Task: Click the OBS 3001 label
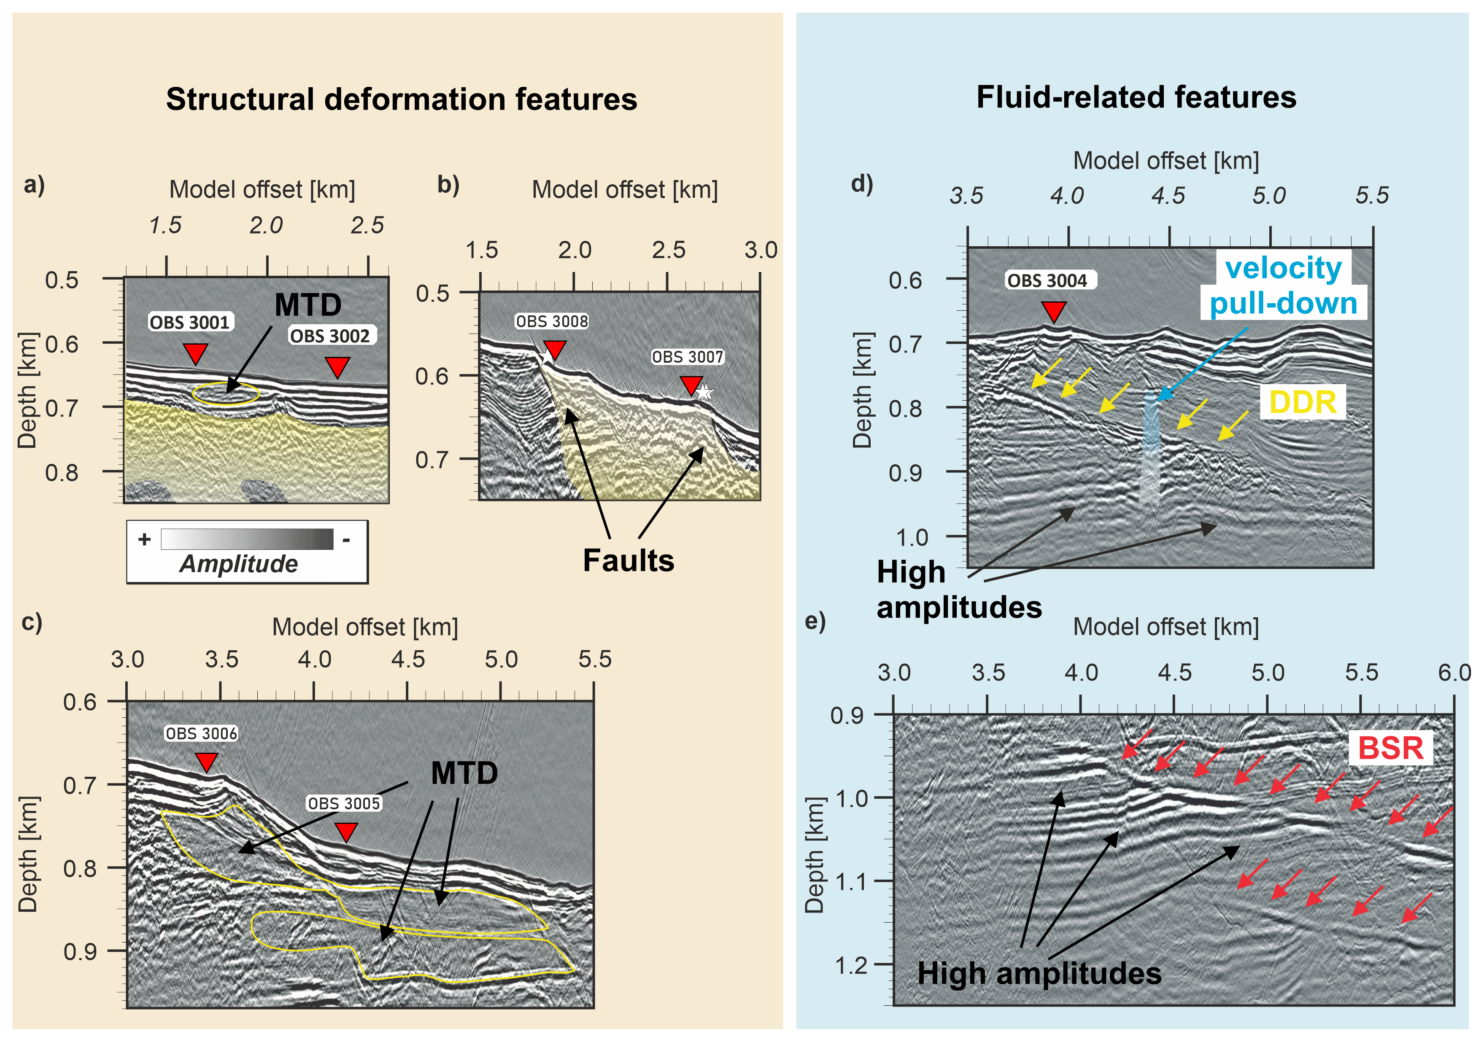tap(190, 322)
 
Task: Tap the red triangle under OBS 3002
tap(337, 367)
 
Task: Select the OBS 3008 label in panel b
tap(552, 321)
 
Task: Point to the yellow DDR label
tap(1302, 402)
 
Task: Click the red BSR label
tap(1391, 748)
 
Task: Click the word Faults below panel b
tap(628, 560)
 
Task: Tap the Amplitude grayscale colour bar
tap(247, 539)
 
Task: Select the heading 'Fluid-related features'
tap(1136, 97)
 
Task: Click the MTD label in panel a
tap(308, 304)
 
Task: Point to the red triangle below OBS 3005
tap(346, 832)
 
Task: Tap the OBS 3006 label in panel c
tap(202, 733)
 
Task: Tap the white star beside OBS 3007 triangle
tap(704, 391)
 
